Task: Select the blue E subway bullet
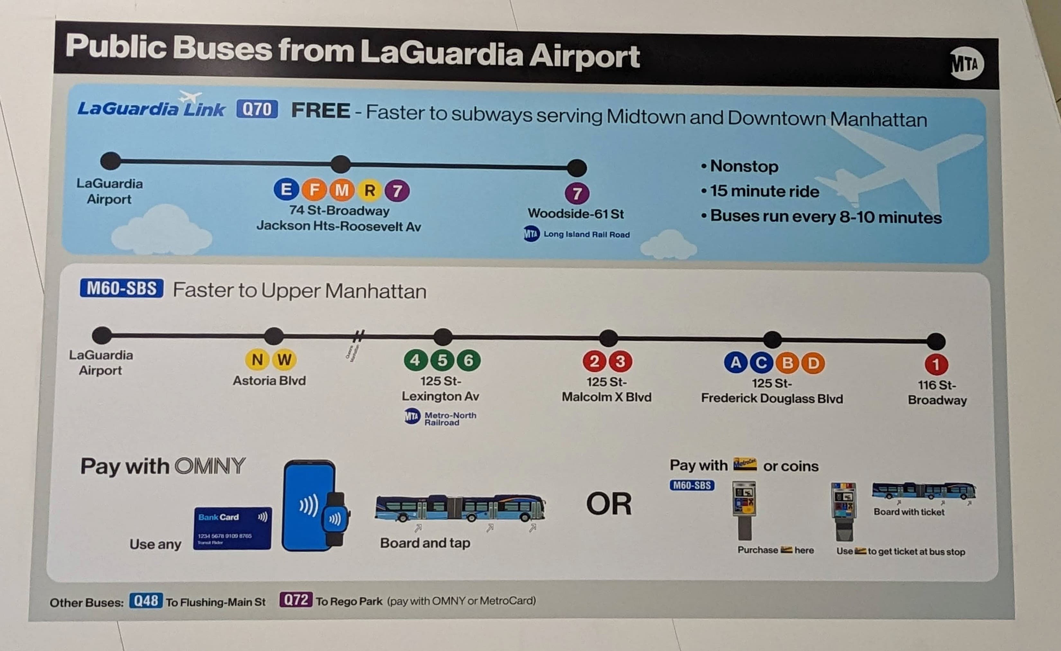click(x=286, y=190)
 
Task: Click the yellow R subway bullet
click(x=369, y=190)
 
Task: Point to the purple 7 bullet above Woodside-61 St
click(x=577, y=193)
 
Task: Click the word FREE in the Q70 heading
click(x=320, y=111)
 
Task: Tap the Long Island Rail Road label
click(x=586, y=235)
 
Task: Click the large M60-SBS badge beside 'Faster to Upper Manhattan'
click(x=121, y=288)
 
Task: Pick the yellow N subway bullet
click(x=257, y=360)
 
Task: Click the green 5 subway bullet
click(x=442, y=360)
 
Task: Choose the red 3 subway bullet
click(x=620, y=361)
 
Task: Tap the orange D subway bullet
click(x=813, y=363)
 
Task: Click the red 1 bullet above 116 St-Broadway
click(x=936, y=365)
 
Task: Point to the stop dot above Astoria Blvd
click(x=274, y=336)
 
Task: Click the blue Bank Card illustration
click(x=232, y=528)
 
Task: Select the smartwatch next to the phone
click(x=334, y=519)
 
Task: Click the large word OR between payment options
click(x=609, y=504)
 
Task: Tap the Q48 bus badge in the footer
click(x=146, y=601)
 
